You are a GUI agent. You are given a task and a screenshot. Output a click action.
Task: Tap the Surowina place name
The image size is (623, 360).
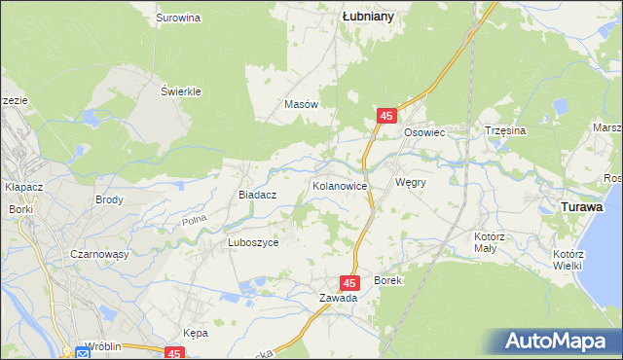point(178,18)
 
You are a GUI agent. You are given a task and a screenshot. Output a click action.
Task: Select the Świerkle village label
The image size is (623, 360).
point(180,91)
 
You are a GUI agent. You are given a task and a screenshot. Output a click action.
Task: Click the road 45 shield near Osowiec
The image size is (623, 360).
point(387,116)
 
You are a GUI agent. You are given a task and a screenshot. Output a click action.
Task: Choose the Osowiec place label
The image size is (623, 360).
point(424,131)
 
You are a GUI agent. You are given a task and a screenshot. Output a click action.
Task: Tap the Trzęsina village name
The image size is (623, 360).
point(505,130)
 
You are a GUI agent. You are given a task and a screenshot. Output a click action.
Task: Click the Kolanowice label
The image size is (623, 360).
point(339,184)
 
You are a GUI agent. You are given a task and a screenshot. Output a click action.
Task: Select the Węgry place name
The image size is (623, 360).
point(412,182)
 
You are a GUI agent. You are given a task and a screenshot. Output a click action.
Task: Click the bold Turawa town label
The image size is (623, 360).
point(582,207)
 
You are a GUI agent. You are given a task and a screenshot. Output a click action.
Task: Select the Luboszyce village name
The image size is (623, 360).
point(253,242)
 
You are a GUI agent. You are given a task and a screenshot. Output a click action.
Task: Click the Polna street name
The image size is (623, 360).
point(194,223)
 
